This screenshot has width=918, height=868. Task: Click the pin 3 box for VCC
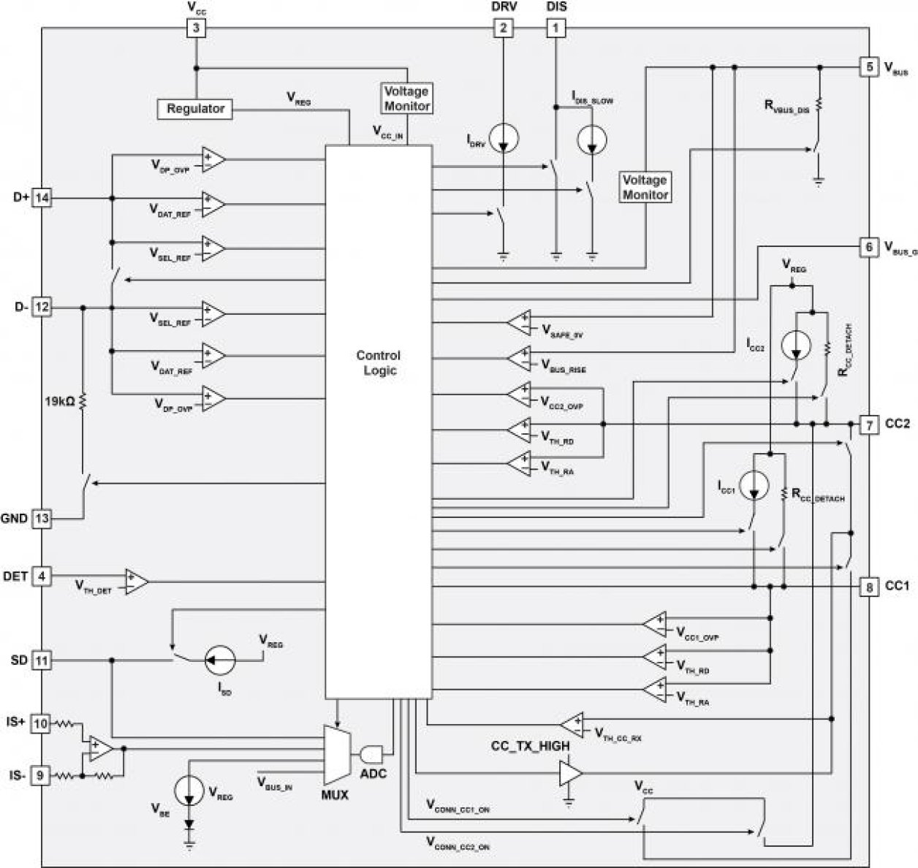[x=196, y=28]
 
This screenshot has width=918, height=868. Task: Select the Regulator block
[x=195, y=109]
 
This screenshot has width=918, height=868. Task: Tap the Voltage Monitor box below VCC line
[x=407, y=99]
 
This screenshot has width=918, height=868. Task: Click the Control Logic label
[x=378, y=363]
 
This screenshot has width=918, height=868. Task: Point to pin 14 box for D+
[x=42, y=198]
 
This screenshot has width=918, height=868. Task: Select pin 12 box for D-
[x=42, y=308]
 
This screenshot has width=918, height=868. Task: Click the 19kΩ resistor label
[x=59, y=401]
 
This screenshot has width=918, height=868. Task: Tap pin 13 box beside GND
[x=42, y=518]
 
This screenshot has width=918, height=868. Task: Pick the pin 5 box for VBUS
[x=868, y=67]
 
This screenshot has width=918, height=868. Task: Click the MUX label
[x=335, y=795]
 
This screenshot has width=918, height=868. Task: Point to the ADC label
[x=373, y=774]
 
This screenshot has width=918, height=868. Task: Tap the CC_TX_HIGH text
[x=530, y=747]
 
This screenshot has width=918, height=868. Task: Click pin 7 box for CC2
[x=868, y=425]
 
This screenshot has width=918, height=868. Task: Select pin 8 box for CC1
[x=868, y=586]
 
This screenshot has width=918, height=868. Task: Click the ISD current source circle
[x=219, y=660]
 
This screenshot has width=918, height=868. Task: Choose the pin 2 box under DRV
[x=503, y=28]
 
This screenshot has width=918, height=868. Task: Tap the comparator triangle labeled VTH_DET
[x=137, y=582]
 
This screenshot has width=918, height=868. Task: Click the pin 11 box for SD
[x=42, y=660]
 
